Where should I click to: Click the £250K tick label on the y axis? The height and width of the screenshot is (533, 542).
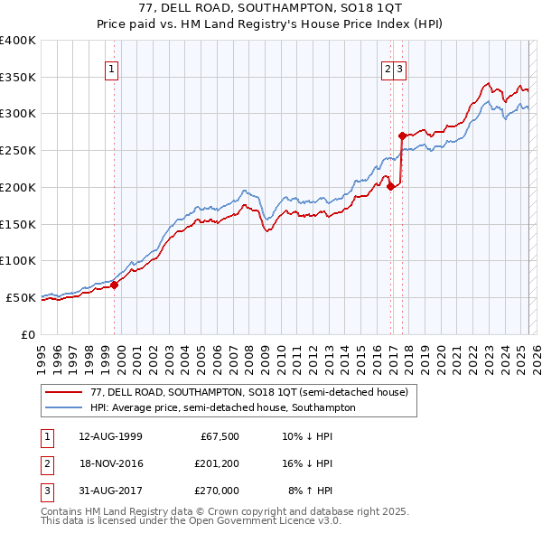pyautogui.click(x=18, y=150)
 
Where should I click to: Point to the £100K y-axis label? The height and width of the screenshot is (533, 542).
pyautogui.click(x=18, y=260)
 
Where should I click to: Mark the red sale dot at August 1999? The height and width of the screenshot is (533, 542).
pyautogui.click(x=115, y=285)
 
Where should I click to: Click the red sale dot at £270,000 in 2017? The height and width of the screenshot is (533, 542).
pyautogui.click(x=402, y=136)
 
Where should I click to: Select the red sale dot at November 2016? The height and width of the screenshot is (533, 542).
pyautogui.click(x=390, y=187)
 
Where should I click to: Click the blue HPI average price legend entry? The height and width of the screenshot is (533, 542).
pyautogui.click(x=222, y=407)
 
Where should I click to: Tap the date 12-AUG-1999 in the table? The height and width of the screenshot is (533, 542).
pyautogui.click(x=110, y=436)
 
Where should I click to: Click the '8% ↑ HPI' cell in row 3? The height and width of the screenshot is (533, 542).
pyautogui.click(x=311, y=491)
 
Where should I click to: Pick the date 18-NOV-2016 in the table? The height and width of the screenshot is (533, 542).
pyautogui.click(x=110, y=463)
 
